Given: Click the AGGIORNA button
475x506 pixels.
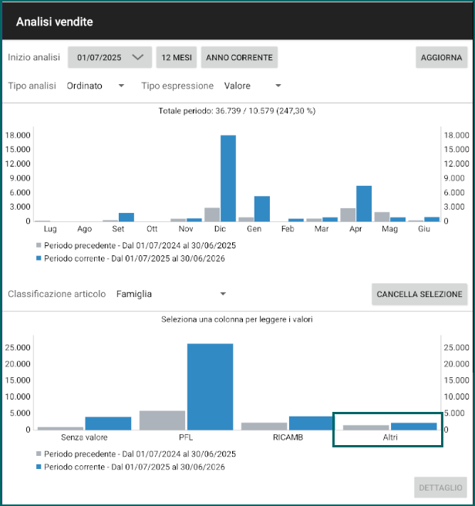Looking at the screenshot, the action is coord(441,57).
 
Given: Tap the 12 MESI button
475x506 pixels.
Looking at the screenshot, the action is coord(177,57).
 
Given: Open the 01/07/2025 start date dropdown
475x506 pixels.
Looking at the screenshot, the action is coord(109,57).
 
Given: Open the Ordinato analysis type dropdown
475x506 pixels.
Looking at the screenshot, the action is coord(96,86).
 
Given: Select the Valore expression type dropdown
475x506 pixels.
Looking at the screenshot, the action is coord(253,86).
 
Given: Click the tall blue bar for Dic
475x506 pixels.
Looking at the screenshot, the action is coord(228,178).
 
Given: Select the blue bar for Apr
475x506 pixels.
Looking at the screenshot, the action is coord(364,204).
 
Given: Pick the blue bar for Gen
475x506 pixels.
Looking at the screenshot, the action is coord(262,209).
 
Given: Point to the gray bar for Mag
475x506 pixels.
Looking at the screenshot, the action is coord(382,217).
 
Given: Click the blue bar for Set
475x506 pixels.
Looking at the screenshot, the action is coord(126,218).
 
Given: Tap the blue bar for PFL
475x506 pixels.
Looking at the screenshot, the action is coord(210,386).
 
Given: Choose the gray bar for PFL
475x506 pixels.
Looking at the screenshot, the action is coord(162,420).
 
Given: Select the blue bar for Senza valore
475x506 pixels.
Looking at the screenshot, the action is coord(108,423).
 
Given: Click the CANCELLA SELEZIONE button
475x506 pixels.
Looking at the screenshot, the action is coord(419,294).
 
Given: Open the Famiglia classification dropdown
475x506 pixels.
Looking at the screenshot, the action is coord(171,294).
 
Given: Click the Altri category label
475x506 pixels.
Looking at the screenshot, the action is coord(390,437).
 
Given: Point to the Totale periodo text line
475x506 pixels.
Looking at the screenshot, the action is coord(237,111).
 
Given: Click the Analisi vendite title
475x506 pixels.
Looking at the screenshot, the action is coord(55,22).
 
